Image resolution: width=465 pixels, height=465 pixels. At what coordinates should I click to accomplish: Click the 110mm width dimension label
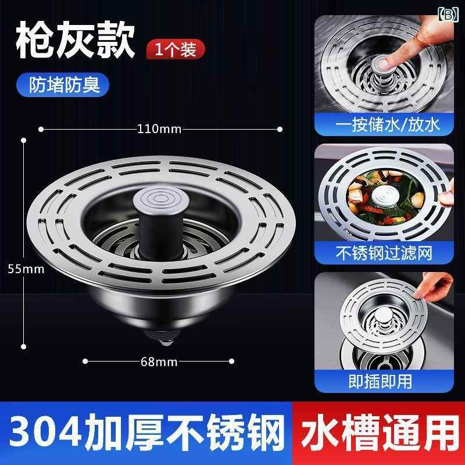(x=159, y=129)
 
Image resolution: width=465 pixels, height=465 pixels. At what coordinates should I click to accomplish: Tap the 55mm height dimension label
(x=26, y=269)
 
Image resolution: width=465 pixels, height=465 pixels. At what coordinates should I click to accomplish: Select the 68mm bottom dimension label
(x=159, y=362)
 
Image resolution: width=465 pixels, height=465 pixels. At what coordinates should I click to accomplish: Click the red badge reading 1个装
(x=176, y=49)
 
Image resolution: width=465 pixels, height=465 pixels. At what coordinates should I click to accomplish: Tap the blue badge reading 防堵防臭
(x=63, y=84)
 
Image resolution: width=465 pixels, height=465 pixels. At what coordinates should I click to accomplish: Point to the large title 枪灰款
(x=76, y=40)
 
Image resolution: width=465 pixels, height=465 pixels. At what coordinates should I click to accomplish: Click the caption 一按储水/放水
(x=387, y=125)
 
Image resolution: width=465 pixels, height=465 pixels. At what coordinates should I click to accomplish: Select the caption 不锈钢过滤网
(x=384, y=253)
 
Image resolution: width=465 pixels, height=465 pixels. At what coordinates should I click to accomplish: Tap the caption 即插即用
(x=380, y=381)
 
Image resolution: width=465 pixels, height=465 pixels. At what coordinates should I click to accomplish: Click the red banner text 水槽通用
(x=380, y=432)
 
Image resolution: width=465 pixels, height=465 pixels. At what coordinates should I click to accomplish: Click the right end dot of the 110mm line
(x=280, y=129)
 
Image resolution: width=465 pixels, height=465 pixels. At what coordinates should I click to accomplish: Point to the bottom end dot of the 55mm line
(x=24, y=346)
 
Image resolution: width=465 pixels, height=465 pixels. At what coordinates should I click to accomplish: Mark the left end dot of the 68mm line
(x=85, y=361)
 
